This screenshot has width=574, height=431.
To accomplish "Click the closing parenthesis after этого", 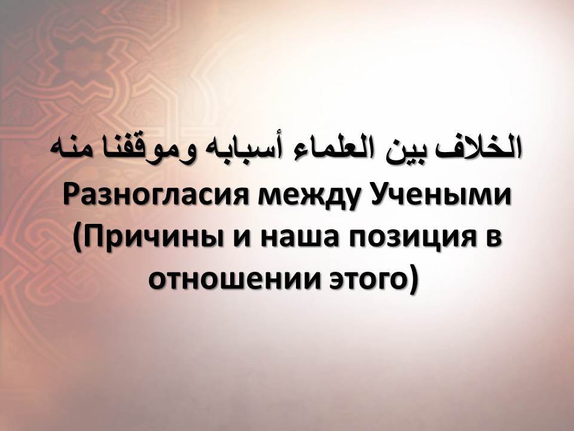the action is [x=413, y=281].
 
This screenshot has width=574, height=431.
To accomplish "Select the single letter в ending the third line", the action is [x=490, y=242].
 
